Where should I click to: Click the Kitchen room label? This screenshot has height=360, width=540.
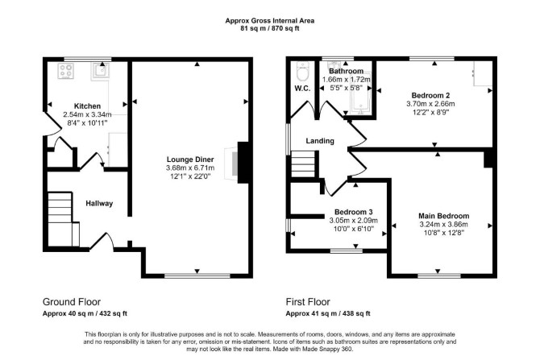coord(88,106)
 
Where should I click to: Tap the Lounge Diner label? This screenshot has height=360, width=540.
coord(190,159)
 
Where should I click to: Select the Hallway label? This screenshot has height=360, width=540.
coord(99,204)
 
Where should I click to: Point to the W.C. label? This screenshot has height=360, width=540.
coord(302,89)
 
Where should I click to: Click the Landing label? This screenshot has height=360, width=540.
coord(320,141)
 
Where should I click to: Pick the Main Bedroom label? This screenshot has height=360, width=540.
coord(443,216)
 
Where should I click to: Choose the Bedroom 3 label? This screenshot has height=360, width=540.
coord(353,212)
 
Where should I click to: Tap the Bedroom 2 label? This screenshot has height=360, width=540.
coord(430,95)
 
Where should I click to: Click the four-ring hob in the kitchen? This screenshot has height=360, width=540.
coord(66,71)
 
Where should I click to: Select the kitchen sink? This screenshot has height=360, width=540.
coord(101,72)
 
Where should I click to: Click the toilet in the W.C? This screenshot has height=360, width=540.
coord(303,72)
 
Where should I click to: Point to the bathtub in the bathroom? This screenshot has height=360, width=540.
coord(360,93)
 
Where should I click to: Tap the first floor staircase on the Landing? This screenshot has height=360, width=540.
coord(303,163)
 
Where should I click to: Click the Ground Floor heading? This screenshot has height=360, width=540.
coord(72,302)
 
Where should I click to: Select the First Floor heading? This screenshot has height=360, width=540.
coord(308,302)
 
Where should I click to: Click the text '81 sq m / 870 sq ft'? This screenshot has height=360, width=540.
coord(270,28)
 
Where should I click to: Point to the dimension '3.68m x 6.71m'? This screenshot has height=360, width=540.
coord(190,168)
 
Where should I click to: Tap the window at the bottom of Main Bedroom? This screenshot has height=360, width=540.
coord(439,275)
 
